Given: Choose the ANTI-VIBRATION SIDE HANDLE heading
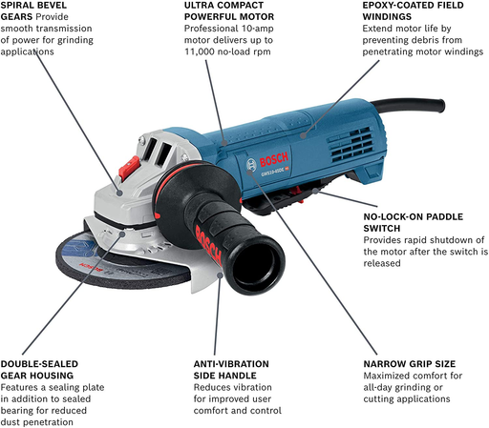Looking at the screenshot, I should click(223, 371).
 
